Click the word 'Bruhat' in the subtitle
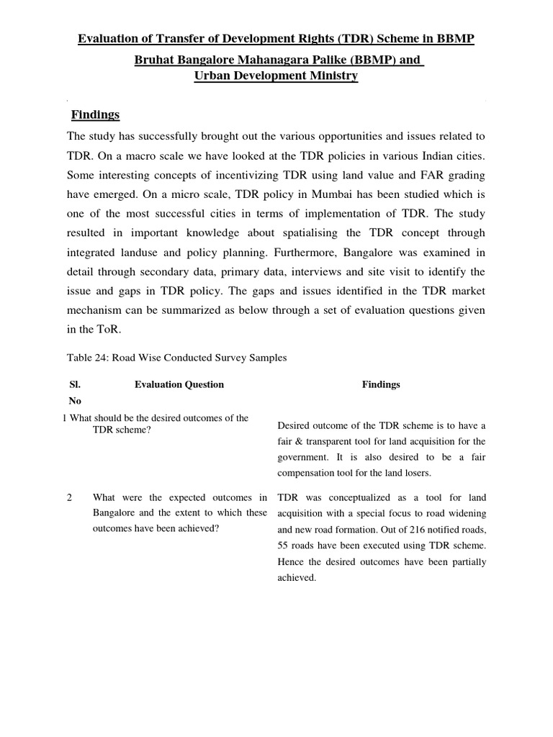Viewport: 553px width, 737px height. coord(156,60)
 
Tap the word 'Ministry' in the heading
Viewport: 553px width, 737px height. coord(329,76)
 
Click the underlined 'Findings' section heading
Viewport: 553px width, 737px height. coord(95,115)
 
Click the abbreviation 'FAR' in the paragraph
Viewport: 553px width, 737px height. coord(428,174)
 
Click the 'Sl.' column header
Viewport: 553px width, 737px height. coord(74,384)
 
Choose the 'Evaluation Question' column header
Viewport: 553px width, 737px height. coord(179,384)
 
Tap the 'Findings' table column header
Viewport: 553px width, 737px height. coord(380,384)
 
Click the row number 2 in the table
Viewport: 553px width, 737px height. coord(70,498)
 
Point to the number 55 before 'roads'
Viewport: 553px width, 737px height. coord(284,546)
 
